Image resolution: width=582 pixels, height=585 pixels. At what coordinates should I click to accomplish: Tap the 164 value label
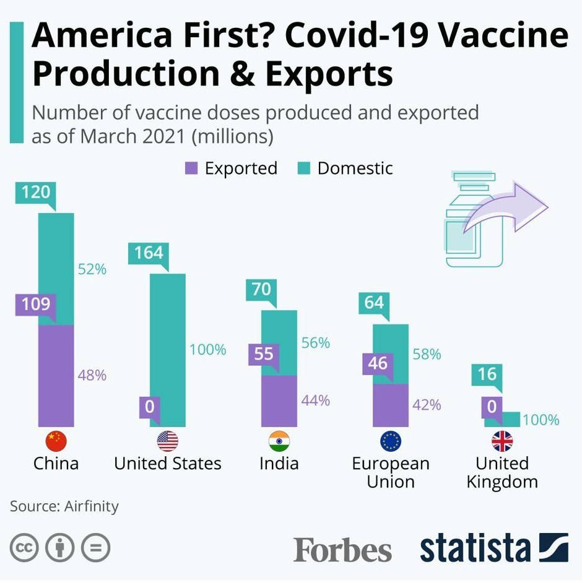pyautogui.click(x=149, y=253)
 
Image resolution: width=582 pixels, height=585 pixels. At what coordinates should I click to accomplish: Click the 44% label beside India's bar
pyautogui.click(x=316, y=401)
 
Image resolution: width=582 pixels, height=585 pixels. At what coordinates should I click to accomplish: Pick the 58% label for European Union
pyautogui.click(x=427, y=354)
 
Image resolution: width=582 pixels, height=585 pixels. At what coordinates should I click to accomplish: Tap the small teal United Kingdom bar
pyautogui.click(x=502, y=419)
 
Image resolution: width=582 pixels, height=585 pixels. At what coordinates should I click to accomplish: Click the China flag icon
pyautogui.click(x=56, y=441)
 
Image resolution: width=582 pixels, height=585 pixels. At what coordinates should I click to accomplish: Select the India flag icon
pyautogui.click(x=279, y=441)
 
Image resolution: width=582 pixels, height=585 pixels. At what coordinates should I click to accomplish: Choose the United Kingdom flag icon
pyautogui.click(x=502, y=441)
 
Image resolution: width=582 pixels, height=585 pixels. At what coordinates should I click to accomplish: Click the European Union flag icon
pyautogui.click(x=391, y=441)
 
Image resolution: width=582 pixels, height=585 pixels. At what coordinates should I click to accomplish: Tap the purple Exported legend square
pyautogui.click(x=191, y=168)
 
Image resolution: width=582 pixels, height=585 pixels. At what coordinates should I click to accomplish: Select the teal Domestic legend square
pyautogui.click(x=303, y=168)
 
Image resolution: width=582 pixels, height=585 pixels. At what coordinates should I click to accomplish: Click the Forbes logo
pyautogui.click(x=342, y=550)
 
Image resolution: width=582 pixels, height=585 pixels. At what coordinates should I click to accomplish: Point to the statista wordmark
pyautogui.click(x=476, y=548)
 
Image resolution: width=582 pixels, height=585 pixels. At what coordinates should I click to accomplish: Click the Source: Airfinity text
pyautogui.click(x=64, y=506)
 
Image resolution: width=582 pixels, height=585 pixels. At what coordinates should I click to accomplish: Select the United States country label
pyautogui.click(x=167, y=464)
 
